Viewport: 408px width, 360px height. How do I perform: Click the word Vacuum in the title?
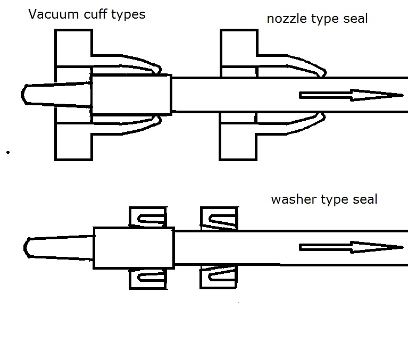[x=53, y=14]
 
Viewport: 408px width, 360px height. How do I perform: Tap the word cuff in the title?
[x=95, y=14]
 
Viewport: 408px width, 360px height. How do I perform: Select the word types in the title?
[x=128, y=15]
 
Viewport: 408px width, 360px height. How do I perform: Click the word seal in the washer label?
[x=365, y=199]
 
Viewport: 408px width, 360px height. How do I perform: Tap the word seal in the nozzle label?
[x=355, y=19]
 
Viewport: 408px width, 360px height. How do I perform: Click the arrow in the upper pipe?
[x=351, y=95]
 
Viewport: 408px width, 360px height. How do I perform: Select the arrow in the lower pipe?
[x=351, y=247]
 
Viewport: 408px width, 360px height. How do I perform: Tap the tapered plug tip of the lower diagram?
[x=59, y=248]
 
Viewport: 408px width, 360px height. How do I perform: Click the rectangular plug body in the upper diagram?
[x=131, y=95]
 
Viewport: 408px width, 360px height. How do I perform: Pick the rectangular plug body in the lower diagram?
[x=134, y=248]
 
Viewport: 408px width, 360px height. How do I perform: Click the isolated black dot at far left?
[x=8, y=153]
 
